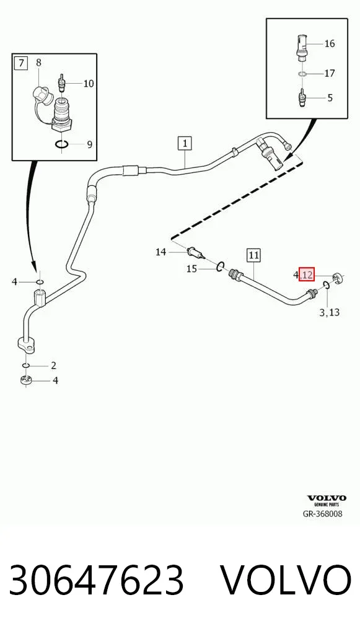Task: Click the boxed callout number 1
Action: coord(185,144)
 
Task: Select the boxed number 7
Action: coord(20,63)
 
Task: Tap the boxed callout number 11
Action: coord(253,255)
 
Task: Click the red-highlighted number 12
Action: coord(306,275)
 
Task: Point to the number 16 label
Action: coord(330,43)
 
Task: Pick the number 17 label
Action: coord(330,73)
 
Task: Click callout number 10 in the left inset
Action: coord(89,83)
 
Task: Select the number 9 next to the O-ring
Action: coord(89,144)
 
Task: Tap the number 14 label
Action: coord(160,252)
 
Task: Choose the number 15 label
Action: coord(191,268)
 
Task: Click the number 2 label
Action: coord(53,366)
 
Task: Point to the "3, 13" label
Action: coord(329,312)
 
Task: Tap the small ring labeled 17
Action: coord(302,74)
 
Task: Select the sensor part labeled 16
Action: coord(302,48)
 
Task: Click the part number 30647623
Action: coord(96,580)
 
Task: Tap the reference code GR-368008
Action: coord(323,513)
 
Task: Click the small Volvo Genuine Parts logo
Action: coord(327,500)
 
